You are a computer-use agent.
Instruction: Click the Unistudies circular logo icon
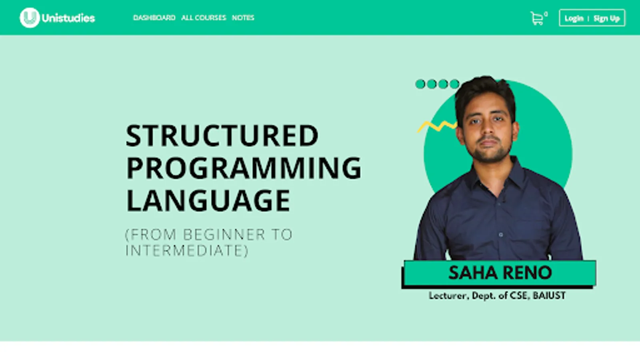(x=30, y=18)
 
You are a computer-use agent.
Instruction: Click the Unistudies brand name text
(x=68, y=18)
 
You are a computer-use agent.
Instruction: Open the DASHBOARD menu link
(x=154, y=18)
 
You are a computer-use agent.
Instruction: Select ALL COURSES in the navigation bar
(x=204, y=18)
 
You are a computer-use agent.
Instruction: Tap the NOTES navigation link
(x=243, y=18)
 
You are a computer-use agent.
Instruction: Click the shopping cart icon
(x=537, y=18)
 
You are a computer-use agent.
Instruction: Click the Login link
(x=574, y=18)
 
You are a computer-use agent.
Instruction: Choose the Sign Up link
(x=606, y=18)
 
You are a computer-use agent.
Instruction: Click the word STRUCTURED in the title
(x=222, y=136)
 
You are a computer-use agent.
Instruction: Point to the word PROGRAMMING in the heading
(x=244, y=168)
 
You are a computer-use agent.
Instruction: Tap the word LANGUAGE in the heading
(x=208, y=200)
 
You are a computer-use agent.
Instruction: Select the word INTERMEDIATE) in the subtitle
(x=187, y=250)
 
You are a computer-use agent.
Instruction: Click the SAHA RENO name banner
(x=500, y=272)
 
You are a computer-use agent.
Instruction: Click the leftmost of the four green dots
(x=420, y=84)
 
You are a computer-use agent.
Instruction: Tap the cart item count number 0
(x=546, y=14)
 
